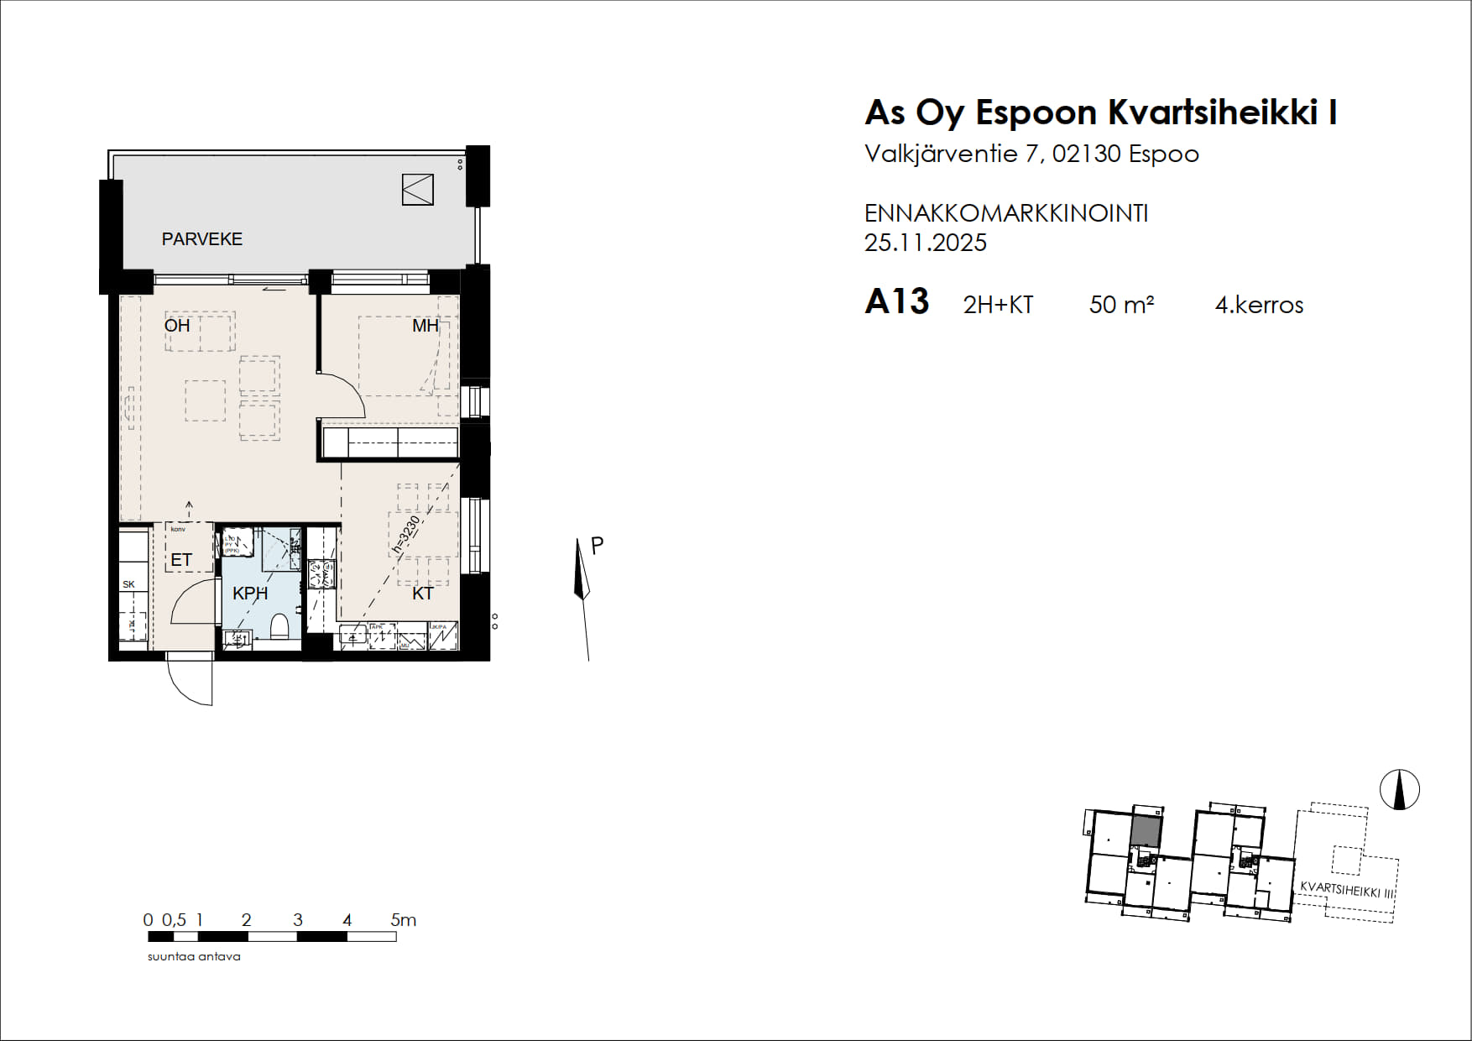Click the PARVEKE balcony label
tap(201, 239)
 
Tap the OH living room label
tap(177, 326)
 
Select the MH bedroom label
tap(425, 326)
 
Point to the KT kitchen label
tap(422, 594)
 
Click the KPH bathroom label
tap(250, 594)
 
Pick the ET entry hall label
tap(181, 560)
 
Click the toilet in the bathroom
tap(280, 626)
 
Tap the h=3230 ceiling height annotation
tap(406, 536)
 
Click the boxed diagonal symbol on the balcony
tap(417, 190)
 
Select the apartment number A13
tap(896, 302)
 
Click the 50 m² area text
tap(1121, 305)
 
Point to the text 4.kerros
tap(1259, 305)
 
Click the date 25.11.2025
tap(925, 243)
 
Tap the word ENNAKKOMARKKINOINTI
tap(1005, 214)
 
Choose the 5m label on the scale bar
tap(403, 920)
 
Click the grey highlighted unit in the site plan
tap(1146, 831)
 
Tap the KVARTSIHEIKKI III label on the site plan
tap(1346, 890)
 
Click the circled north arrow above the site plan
tap(1399, 790)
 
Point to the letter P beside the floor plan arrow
tap(598, 546)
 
